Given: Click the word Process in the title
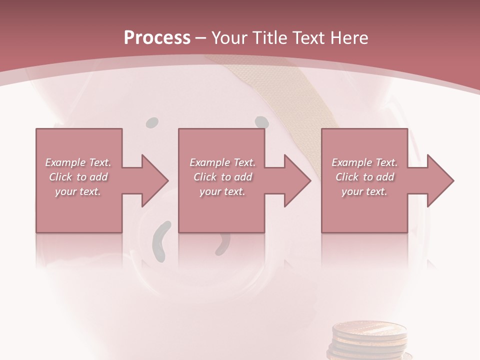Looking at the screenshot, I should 157,37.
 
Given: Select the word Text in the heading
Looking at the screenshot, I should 308,37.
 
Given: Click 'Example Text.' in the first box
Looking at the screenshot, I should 78,162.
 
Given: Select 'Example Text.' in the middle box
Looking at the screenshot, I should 222,162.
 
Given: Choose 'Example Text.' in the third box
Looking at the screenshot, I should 364,162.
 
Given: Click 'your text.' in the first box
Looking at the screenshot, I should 78,191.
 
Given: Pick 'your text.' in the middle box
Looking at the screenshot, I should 222,191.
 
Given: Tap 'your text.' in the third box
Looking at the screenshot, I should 364,191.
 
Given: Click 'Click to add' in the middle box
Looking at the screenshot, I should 222,177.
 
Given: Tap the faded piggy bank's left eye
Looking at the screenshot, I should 152,122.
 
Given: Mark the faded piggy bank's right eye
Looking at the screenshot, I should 261,121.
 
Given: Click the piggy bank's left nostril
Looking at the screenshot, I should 161,241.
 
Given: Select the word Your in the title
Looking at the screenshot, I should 228,37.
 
